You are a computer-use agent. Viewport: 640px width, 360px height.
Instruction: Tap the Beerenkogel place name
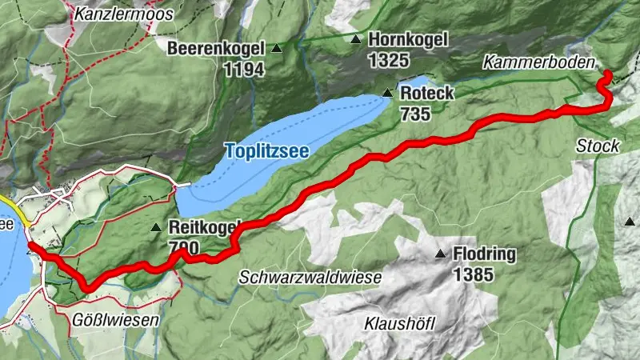(215, 49)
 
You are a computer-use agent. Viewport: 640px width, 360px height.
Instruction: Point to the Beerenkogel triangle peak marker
(277, 49)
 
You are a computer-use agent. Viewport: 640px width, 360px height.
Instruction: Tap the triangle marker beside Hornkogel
(355, 39)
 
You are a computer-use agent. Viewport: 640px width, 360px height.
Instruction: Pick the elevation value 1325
(389, 60)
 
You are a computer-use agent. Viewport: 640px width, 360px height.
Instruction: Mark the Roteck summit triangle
(387, 94)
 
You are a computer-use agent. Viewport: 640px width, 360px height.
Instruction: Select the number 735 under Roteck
(414, 114)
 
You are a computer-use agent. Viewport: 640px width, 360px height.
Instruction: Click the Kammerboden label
(539, 62)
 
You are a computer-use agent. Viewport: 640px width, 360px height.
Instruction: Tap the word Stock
(597, 146)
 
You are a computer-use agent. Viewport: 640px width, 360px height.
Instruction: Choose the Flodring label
(484, 255)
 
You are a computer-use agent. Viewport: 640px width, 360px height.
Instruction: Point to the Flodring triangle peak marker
(440, 255)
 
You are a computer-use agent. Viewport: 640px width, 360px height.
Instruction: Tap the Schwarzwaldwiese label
(310, 277)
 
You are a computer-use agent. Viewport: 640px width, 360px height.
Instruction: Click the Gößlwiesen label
(116, 319)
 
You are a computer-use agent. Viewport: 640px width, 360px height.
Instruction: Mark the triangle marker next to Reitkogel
(156, 228)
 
